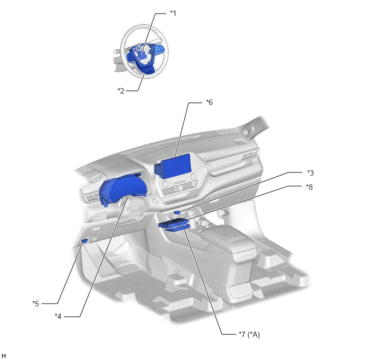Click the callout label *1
point(173,13)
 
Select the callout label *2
point(121,91)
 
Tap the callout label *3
point(310,173)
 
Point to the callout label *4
point(58,316)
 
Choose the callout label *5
point(36,304)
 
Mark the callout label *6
point(209,102)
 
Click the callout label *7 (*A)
point(249,334)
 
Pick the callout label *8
point(309,187)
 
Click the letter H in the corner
point(4,356)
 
